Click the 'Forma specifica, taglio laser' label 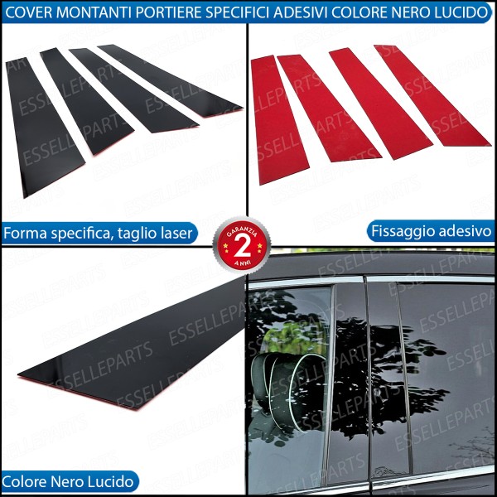(x=99, y=234)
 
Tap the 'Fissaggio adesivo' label (x=430, y=231)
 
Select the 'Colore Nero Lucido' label (x=69, y=480)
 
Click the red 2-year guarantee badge (x=241, y=245)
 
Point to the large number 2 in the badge (x=241, y=246)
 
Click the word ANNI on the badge (x=241, y=263)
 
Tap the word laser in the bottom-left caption (x=176, y=234)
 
